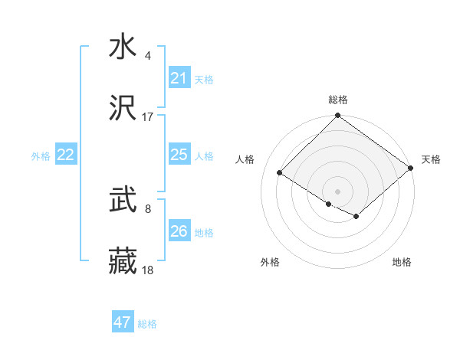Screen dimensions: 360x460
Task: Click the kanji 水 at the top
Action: pyautogui.click(x=123, y=47)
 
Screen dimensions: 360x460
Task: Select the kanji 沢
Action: pyautogui.click(x=123, y=110)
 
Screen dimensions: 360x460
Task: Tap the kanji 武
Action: pyautogui.click(x=123, y=201)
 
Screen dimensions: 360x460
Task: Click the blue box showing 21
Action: pyautogui.click(x=179, y=78)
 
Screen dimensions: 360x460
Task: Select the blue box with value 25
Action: pyautogui.click(x=179, y=155)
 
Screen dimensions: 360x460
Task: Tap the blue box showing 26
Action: pyautogui.click(x=179, y=231)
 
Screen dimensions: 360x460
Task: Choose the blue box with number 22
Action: pyautogui.click(x=66, y=155)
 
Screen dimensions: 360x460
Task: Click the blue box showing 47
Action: pyautogui.click(x=123, y=322)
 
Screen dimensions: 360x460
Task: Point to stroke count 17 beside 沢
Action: pyautogui.click(x=148, y=117)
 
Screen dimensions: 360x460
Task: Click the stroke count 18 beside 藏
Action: pyautogui.click(x=148, y=271)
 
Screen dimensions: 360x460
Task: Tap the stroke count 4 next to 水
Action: pyautogui.click(x=148, y=56)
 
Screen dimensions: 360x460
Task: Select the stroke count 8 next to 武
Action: pyautogui.click(x=148, y=209)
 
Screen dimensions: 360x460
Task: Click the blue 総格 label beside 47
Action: pyautogui.click(x=147, y=324)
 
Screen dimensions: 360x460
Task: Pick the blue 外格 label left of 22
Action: pyautogui.click(x=41, y=155)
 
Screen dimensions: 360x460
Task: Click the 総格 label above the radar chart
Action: pyautogui.click(x=338, y=100)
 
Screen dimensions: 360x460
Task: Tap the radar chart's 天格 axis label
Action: pyautogui.click(x=431, y=159)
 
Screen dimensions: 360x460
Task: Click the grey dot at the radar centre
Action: pyautogui.click(x=337, y=191)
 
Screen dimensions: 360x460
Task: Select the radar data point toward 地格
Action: pyautogui.click(x=356, y=217)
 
